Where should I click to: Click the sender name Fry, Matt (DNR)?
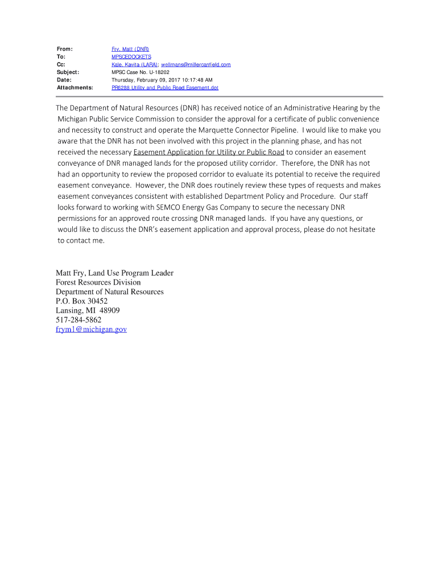coord(130,50)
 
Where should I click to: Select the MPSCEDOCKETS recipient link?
coord(131,58)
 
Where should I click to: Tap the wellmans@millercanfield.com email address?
coord(196,65)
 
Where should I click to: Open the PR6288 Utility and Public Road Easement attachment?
coord(164,88)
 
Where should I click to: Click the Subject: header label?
coord(68,72)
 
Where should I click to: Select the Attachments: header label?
coord(75,88)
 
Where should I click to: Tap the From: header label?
coord(64,50)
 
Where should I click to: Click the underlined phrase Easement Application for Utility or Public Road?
coord(209,152)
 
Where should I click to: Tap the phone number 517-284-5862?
coord(78,320)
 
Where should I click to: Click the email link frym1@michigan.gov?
coord(91,329)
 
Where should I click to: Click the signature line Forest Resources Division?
coord(98,282)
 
